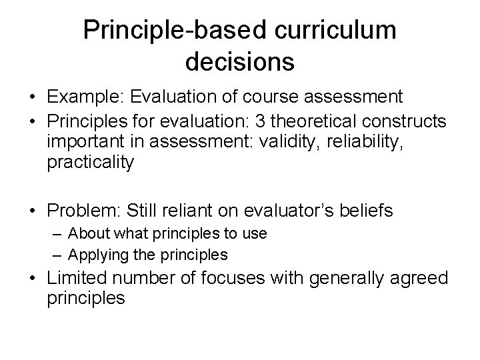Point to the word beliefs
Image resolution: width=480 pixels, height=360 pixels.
point(368,211)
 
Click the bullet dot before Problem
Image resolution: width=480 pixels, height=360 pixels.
point(33,211)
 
